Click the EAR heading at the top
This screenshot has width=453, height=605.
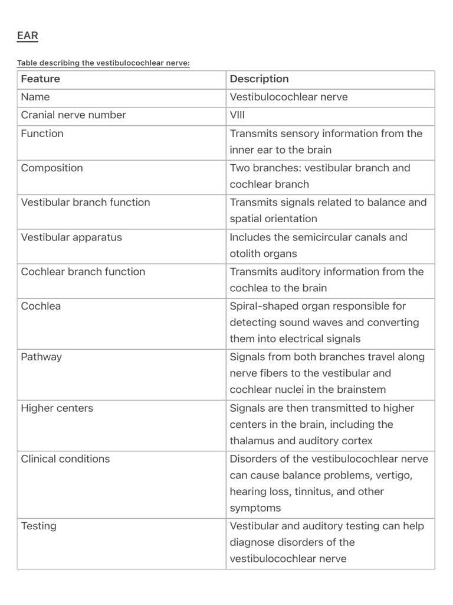click(x=27, y=36)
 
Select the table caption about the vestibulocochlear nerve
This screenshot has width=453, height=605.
click(x=103, y=63)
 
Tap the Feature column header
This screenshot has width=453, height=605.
click(x=41, y=79)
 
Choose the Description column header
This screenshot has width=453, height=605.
click(x=259, y=79)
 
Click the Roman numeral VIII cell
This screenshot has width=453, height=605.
click(x=237, y=115)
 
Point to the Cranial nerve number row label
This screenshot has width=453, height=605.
click(x=73, y=115)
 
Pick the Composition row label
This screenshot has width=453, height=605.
click(x=52, y=168)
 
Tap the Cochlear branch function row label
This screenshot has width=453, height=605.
click(x=83, y=272)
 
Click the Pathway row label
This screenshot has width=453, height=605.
click(x=41, y=357)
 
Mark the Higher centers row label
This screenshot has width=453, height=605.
click(x=57, y=408)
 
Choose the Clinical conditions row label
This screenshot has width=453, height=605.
click(x=65, y=459)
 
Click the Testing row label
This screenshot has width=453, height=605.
click(x=38, y=526)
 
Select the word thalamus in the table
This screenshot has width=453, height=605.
click(x=254, y=441)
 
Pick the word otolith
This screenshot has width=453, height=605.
click(x=246, y=254)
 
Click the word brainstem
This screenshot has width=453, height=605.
click(x=362, y=390)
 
